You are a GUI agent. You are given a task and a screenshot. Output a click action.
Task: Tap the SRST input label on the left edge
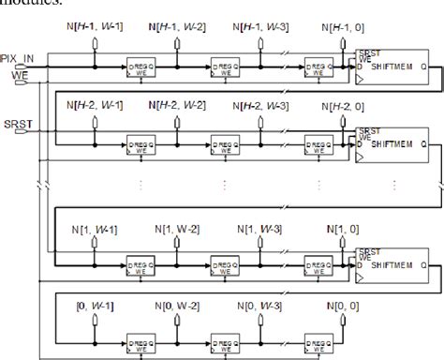16,123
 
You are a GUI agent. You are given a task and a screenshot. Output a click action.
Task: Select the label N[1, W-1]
96,229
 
